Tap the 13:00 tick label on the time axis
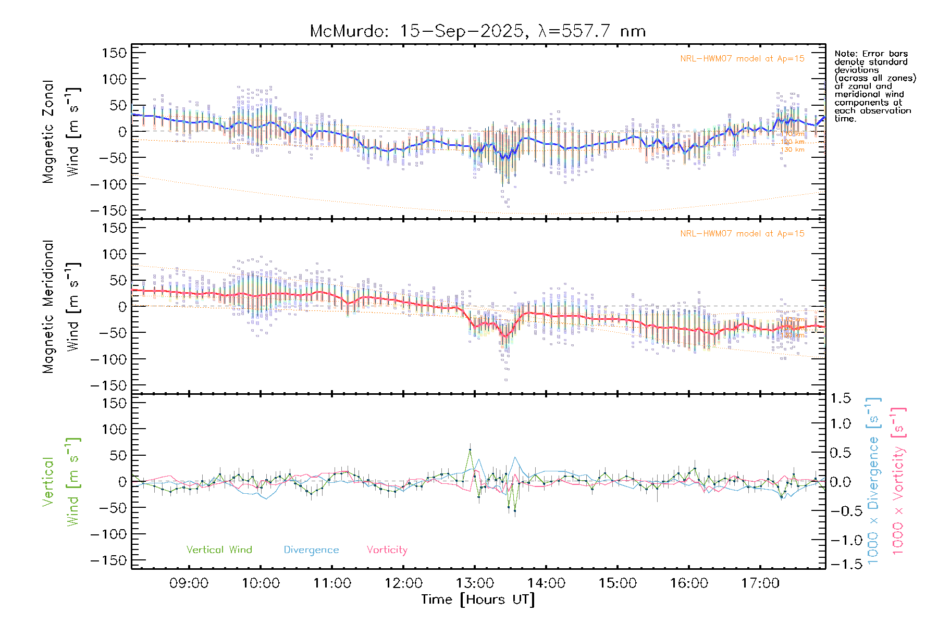(475, 583)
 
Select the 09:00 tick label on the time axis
(189, 583)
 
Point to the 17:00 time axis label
(760, 583)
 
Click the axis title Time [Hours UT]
(478, 600)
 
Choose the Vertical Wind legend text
(219, 550)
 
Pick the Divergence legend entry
(311, 550)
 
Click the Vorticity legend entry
(387, 550)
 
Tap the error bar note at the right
(874, 86)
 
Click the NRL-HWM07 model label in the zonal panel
(742, 59)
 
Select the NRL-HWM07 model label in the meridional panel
(742, 234)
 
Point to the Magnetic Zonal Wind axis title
(61, 131)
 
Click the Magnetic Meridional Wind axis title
(61, 307)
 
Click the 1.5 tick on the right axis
(841, 398)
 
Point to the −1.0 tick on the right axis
(841, 540)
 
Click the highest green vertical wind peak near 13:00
(470, 450)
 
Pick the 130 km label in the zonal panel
(792, 150)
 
